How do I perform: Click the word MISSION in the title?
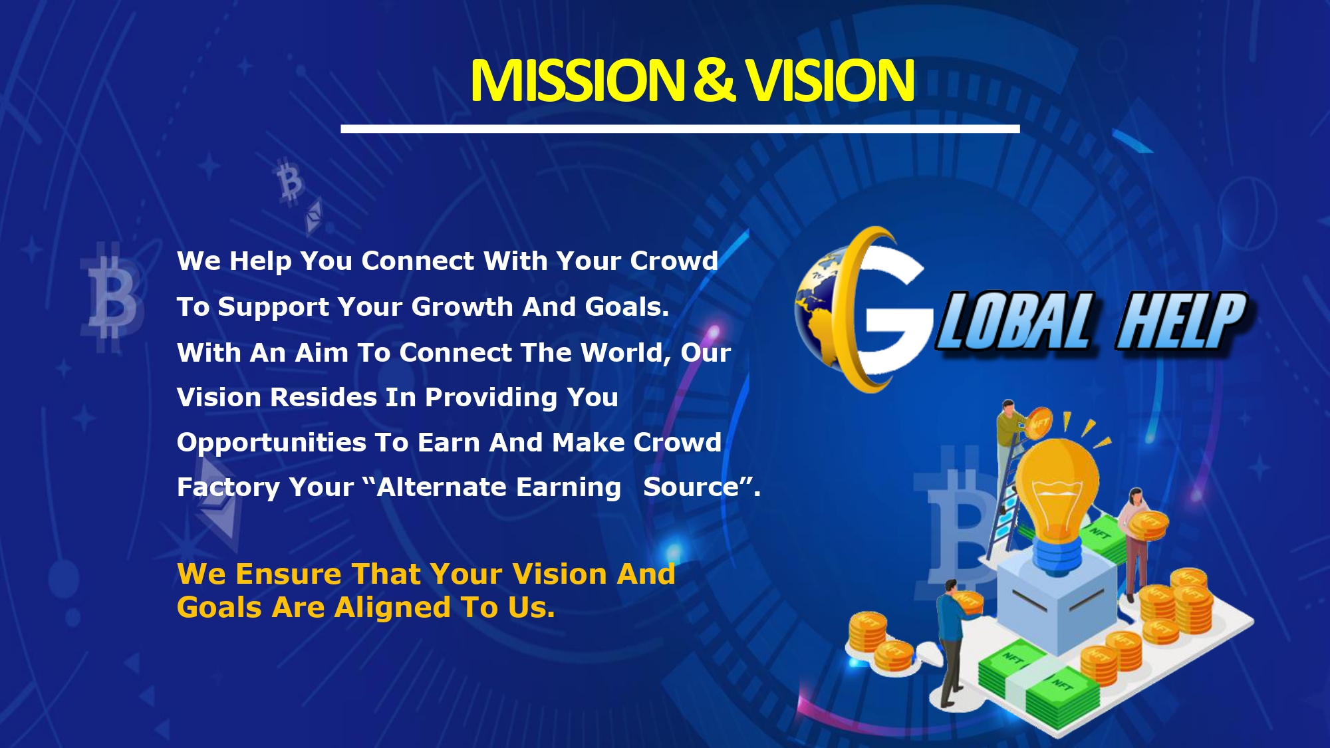[577, 80]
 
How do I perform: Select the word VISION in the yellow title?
[829, 80]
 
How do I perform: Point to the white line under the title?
[680, 128]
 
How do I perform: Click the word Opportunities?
[271, 443]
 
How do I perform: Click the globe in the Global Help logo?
[819, 309]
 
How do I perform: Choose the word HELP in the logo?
[1182, 321]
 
